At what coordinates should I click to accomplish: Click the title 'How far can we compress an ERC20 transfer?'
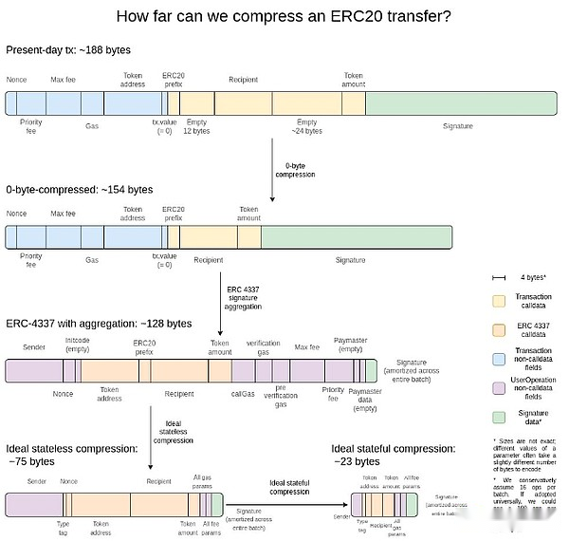pyautogui.click(x=283, y=16)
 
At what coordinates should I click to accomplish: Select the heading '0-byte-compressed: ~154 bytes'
pyautogui.click(x=79, y=190)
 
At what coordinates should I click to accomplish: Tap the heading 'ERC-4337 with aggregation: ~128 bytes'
pyautogui.click(x=99, y=324)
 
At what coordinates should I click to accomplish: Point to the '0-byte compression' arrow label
pyautogui.click(x=294, y=170)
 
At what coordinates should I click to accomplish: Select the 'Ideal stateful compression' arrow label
pyautogui.click(x=289, y=487)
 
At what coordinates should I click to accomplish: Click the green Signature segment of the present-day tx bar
pyautogui.click(x=458, y=103)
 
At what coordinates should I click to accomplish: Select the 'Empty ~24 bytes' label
pyautogui.click(x=306, y=126)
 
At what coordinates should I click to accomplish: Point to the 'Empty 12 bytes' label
pyautogui.click(x=196, y=126)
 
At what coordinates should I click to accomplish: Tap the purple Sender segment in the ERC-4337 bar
pyautogui.click(x=34, y=370)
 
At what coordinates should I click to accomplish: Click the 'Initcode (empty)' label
pyautogui.click(x=77, y=344)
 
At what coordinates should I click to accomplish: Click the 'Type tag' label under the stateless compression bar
pyautogui.click(x=63, y=527)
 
